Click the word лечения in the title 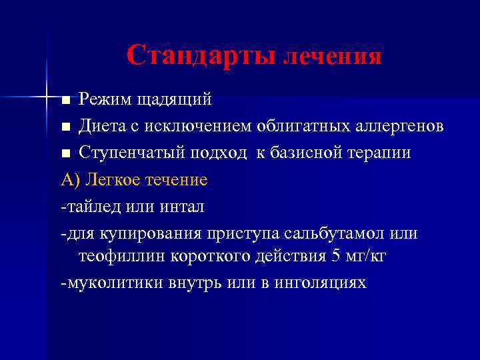[x=333, y=57]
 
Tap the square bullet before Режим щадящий [x=65, y=101]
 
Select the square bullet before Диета [x=65, y=127]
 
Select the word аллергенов [x=397, y=126]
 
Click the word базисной [x=305, y=153]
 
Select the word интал [x=181, y=207]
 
